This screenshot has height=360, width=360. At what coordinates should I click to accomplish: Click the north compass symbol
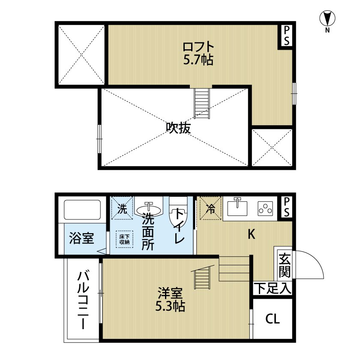[x=327, y=19]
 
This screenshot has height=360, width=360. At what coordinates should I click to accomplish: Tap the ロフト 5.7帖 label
[x=198, y=53]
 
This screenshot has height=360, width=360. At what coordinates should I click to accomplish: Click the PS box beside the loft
[x=286, y=35]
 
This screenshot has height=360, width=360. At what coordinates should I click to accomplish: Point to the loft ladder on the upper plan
[x=202, y=103]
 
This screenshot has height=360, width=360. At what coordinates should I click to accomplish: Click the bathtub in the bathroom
[x=82, y=211]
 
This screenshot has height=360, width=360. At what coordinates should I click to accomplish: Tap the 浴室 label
[x=81, y=239]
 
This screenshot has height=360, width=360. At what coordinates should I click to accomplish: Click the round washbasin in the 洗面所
[x=150, y=209]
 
